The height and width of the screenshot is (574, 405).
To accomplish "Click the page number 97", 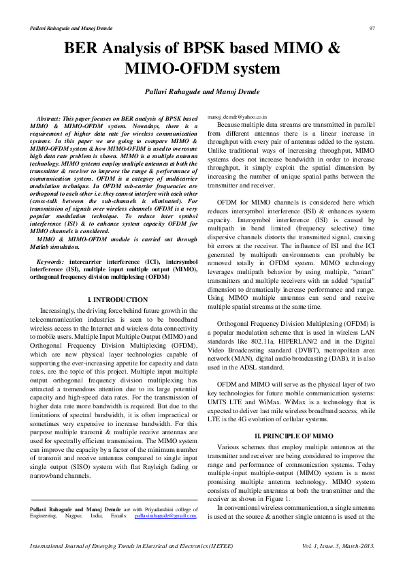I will [372, 27].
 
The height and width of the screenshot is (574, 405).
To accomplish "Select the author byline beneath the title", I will [202, 91].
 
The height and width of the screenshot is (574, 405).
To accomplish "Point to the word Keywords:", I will [50, 262].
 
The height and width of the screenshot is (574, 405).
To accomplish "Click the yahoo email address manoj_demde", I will [238, 117].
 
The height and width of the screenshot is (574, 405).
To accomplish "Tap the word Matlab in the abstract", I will [43, 247].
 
